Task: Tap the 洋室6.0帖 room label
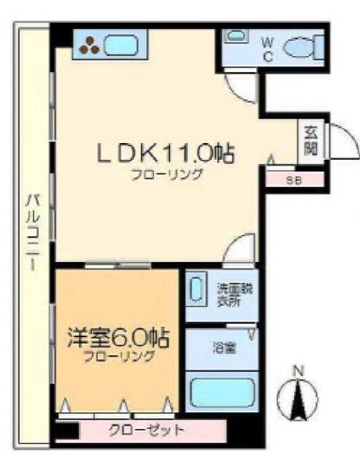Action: tap(118, 339)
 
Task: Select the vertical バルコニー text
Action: tap(33, 233)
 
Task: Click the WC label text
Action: tap(267, 49)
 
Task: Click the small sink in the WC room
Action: tap(236, 35)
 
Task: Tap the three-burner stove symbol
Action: tap(91, 45)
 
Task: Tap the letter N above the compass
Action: tap(297, 371)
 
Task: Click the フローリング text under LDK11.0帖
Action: tap(166, 174)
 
